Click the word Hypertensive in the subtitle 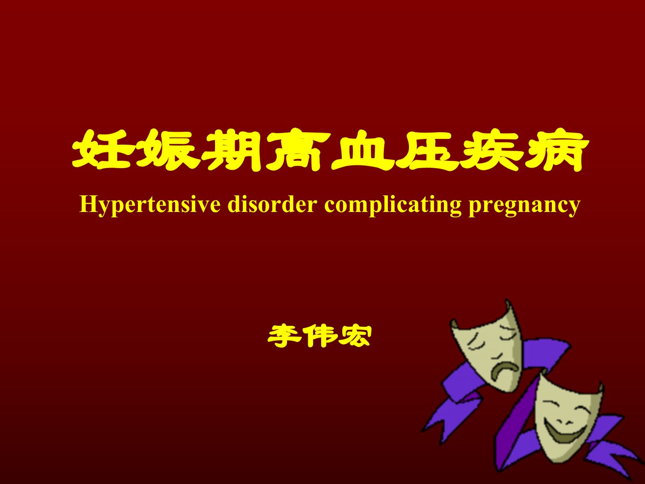(x=150, y=205)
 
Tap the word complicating (x=392, y=205)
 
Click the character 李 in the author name (x=285, y=336)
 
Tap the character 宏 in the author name (x=354, y=336)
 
